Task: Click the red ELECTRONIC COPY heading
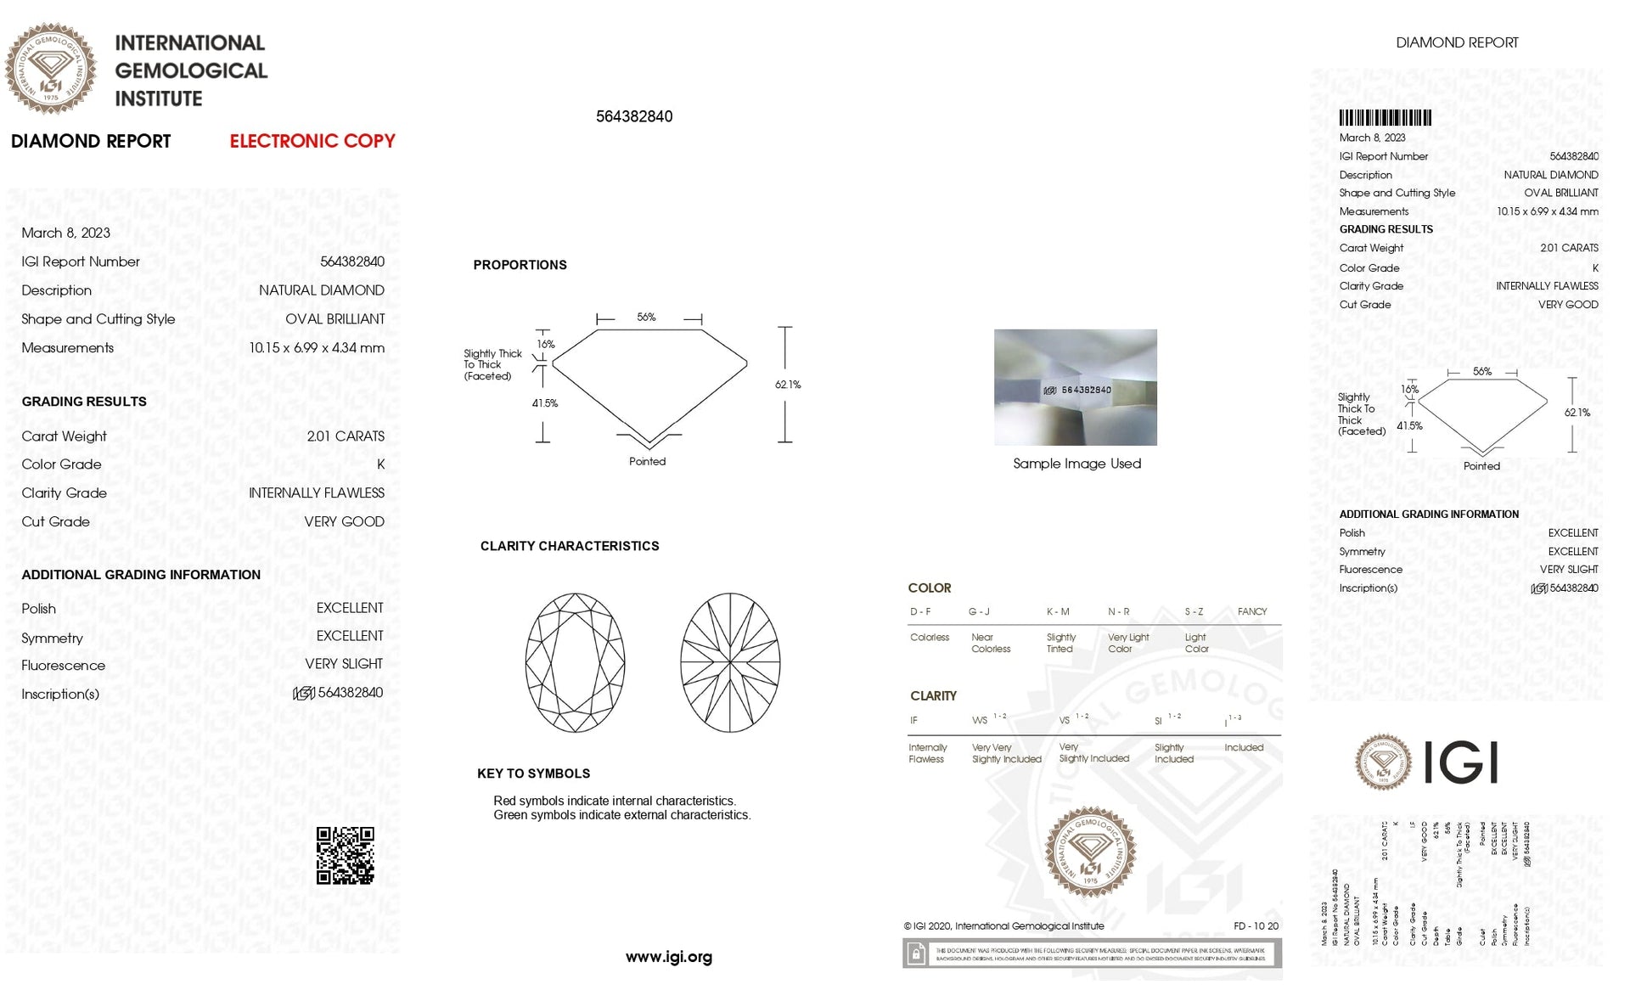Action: click(312, 141)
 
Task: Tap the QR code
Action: click(345, 855)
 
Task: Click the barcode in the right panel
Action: click(1385, 118)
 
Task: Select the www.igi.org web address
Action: click(668, 957)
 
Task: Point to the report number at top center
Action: click(633, 116)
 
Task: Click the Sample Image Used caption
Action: click(1076, 464)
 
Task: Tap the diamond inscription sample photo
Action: click(1075, 387)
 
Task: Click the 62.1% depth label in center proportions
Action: click(787, 385)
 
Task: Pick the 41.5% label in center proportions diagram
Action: click(544, 403)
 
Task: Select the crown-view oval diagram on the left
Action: click(575, 662)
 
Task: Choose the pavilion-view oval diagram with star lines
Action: click(730, 662)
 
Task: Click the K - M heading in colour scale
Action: click(1058, 611)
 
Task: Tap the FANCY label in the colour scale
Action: click(1251, 611)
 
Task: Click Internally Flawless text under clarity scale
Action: click(927, 753)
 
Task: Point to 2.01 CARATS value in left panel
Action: click(346, 436)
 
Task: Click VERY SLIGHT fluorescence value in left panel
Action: click(344, 664)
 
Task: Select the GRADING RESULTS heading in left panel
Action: click(84, 402)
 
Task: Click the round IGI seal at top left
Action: click(51, 69)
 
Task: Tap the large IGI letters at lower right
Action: click(1459, 762)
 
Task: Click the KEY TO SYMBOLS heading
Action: click(533, 773)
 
